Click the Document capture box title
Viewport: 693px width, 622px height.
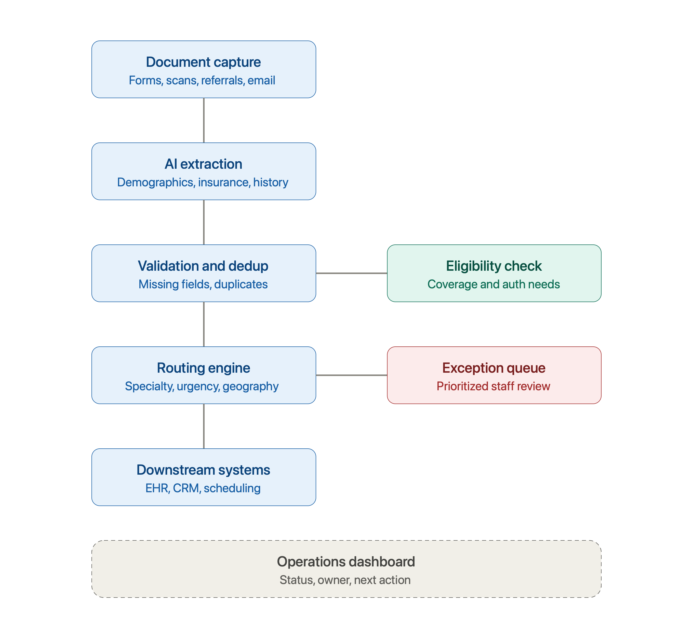tap(203, 62)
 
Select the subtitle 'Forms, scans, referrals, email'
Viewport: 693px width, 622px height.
tap(202, 80)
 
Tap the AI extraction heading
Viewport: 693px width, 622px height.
tap(203, 164)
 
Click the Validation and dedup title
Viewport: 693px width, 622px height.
tap(203, 266)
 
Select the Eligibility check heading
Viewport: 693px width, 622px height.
tap(494, 266)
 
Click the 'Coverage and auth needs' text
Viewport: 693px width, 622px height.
tap(494, 284)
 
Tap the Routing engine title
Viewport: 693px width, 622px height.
tap(203, 368)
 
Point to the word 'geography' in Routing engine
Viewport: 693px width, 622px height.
tap(251, 386)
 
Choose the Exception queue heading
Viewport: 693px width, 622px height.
tap(494, 368)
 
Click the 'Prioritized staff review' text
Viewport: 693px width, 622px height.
tap(494, 386)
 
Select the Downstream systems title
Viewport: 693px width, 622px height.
tap(203, 470)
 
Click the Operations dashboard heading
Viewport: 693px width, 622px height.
tap(346, 562)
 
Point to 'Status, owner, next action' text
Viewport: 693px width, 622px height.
tap(345, 580)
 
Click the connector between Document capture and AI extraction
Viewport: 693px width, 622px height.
tap(204, 120)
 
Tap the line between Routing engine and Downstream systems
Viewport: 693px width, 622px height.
tap(204, 426)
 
